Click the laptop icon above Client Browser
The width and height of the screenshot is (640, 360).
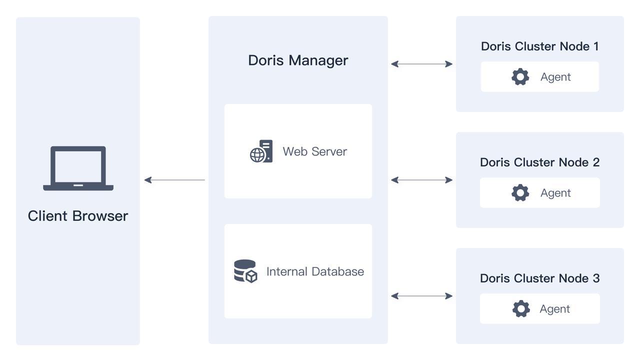click(78, 168)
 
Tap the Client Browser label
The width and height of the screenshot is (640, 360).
click(78, 215)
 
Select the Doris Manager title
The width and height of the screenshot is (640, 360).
click(298, 60)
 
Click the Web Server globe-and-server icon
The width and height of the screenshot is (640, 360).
click(261, 151)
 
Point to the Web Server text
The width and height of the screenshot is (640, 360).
click(314, 151)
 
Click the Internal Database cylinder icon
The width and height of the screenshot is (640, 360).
click(245, 271)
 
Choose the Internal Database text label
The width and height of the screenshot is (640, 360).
click(315, 271)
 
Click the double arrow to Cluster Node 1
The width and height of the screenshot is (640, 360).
click(421, 64)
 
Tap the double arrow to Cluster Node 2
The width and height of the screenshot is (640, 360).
click(421, 180)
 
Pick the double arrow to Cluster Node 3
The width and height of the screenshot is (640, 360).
click(421, 296)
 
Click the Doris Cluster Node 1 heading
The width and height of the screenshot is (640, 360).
click(539, 46)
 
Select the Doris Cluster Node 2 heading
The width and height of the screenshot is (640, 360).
click(539, 162)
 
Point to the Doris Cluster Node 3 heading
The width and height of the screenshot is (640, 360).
click(539, 278)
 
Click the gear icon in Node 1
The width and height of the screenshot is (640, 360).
click(520, 76)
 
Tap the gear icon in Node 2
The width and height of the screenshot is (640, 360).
click(520, 192)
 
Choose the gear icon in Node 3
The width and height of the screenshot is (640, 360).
click(521, 308)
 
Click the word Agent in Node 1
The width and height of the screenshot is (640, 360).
click(555, 76)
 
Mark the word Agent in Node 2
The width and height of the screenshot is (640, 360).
click(555, 192)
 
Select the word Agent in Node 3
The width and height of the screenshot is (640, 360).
click(554, 308)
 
